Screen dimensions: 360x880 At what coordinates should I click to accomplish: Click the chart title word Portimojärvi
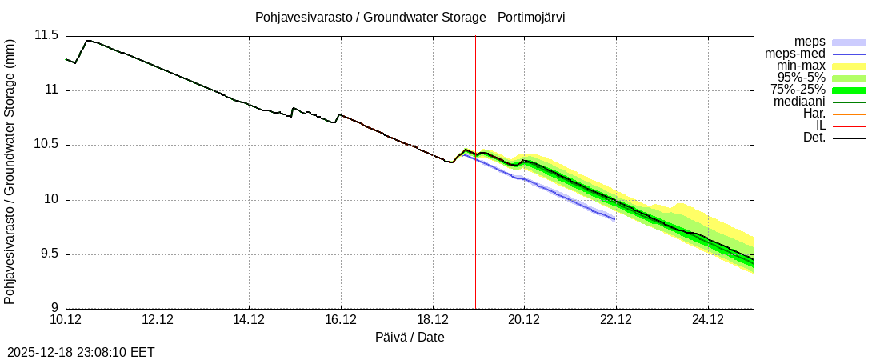(x=531, y=17)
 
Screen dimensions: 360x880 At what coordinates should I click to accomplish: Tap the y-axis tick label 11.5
(x=46, y=35)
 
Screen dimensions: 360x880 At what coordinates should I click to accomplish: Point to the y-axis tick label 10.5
(x=46, y=145)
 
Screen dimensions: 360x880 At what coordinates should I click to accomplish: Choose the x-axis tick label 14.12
(x=250, y=320)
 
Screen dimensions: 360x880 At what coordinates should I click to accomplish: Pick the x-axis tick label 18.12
(x=433, y=320)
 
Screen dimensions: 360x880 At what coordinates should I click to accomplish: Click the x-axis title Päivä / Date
(x=410, y=338)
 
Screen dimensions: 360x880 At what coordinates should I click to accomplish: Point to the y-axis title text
(x=10, y=171)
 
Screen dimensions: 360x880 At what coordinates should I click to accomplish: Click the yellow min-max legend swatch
(x=849, y=66)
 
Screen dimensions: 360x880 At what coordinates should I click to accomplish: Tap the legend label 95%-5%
(x=802, y=78)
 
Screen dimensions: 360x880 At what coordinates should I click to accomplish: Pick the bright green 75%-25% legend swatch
(x=849, y=90)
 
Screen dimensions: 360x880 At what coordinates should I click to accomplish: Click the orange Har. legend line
(x=849, y=114)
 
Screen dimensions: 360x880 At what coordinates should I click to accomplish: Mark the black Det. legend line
(x=849, y=138)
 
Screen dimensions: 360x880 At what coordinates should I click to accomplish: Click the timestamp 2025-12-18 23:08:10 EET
(x=82, y=352)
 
